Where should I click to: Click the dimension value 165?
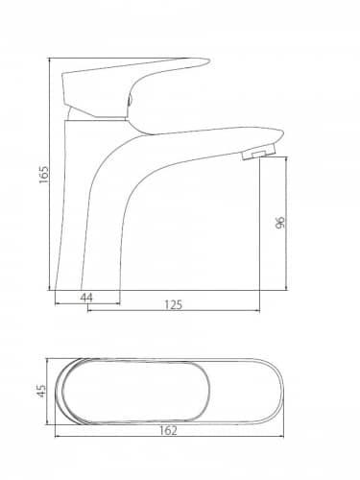[x=44, y=175]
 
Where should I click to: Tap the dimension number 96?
[x=279, y=223]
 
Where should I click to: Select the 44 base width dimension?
[x=86, y=298]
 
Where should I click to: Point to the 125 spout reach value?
[x=173, y=304]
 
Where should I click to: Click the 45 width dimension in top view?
[x=41, y=391]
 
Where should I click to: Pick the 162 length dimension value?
[x=168, y=430]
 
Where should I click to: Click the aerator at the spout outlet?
[x=259, y=152]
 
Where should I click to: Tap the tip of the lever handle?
[x=207, y=61]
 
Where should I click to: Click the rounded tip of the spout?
[x=280, y=134]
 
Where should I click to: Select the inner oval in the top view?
[x=136, y=362]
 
